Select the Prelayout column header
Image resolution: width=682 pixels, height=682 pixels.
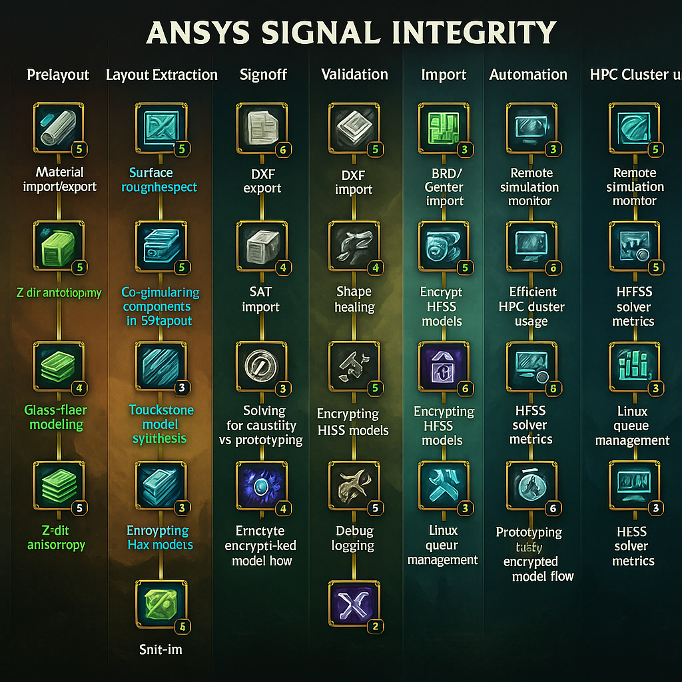58,75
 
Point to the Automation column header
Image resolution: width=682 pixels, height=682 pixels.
528,75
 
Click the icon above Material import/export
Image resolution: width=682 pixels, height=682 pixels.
58,127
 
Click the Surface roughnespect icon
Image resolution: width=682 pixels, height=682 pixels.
161,127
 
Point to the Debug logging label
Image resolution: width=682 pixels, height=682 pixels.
354,539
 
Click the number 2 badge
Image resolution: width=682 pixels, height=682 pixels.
375,626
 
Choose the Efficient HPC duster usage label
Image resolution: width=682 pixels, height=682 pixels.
531,306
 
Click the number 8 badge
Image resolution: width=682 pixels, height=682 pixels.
552,388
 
